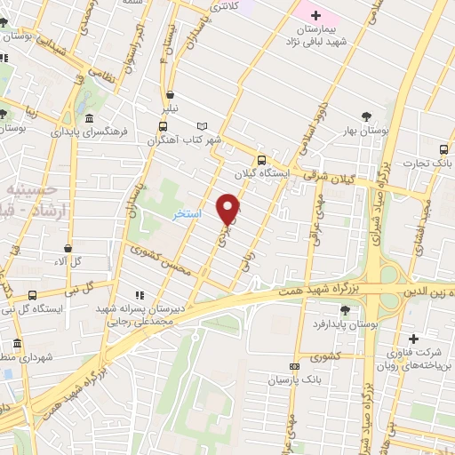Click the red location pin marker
pyautogui.click(x=229, y=210)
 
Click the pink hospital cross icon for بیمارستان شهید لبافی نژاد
pyautogui.click(x=315, y=15)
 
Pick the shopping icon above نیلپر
pyautogui.click(x=168, y=94)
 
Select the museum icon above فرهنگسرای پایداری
pyautogui.click(x=89, y=118)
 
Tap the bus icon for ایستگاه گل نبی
pyautogui.click(x=33, y=295)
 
